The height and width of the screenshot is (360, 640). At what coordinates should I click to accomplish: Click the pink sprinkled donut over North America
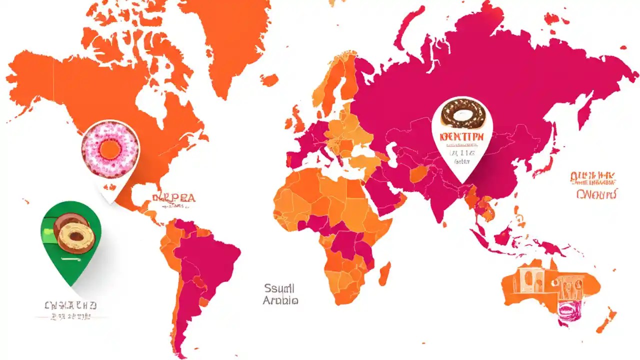coord(110,148)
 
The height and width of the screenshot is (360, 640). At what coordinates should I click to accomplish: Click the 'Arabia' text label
coord(280,300)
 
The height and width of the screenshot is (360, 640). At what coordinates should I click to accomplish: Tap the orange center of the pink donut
coord(109,148)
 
